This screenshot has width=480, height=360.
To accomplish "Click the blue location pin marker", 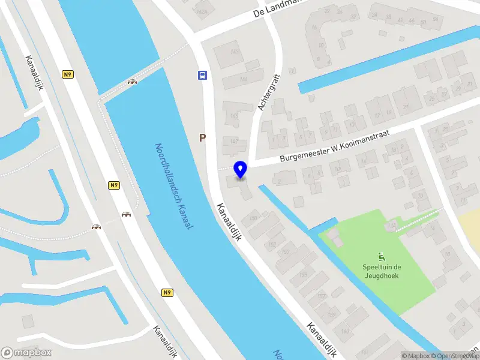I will [241, 170].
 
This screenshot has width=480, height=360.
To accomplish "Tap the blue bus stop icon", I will [203, 76].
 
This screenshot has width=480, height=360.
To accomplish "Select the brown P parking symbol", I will [203, 137].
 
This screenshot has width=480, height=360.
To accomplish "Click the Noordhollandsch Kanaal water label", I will [173, 186].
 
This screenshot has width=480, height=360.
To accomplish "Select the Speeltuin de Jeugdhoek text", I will [381, 272].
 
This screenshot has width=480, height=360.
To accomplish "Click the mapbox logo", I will [26, 353].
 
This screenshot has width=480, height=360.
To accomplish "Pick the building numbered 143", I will [235, 52].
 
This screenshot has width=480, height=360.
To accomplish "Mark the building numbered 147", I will [235, 142].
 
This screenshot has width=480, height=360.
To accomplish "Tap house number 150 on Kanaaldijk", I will [253, 217].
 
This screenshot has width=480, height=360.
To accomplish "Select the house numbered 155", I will [303, 275].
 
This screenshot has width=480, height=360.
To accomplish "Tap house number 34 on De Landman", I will [374, 15].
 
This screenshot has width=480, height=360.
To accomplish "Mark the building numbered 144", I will [244, 79].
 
